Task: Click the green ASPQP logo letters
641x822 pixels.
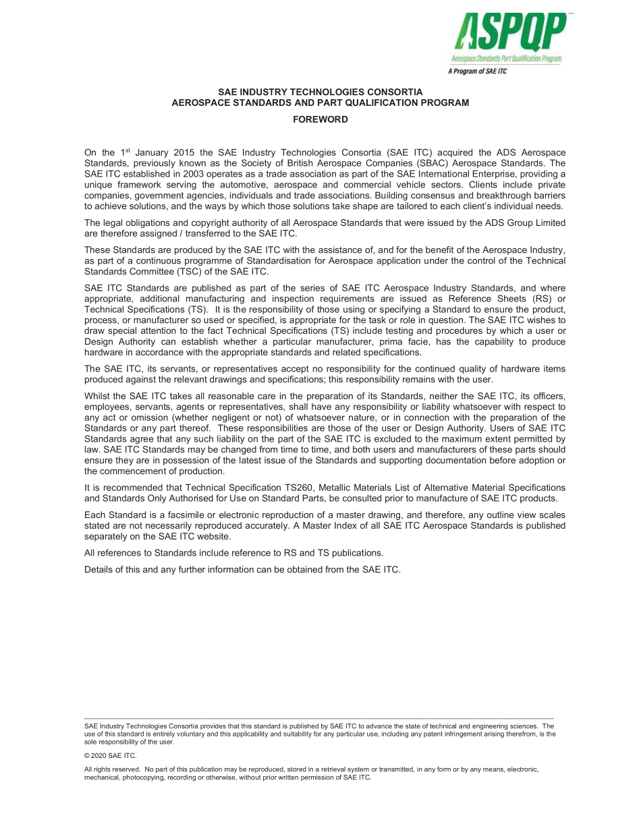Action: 510,32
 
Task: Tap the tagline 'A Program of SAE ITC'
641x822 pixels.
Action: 478,71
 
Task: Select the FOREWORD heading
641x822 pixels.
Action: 320,119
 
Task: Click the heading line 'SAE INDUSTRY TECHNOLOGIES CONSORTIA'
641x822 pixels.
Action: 320,92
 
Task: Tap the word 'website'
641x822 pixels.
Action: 213,537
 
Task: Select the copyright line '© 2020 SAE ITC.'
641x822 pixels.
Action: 110,756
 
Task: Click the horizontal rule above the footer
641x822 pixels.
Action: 318,719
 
